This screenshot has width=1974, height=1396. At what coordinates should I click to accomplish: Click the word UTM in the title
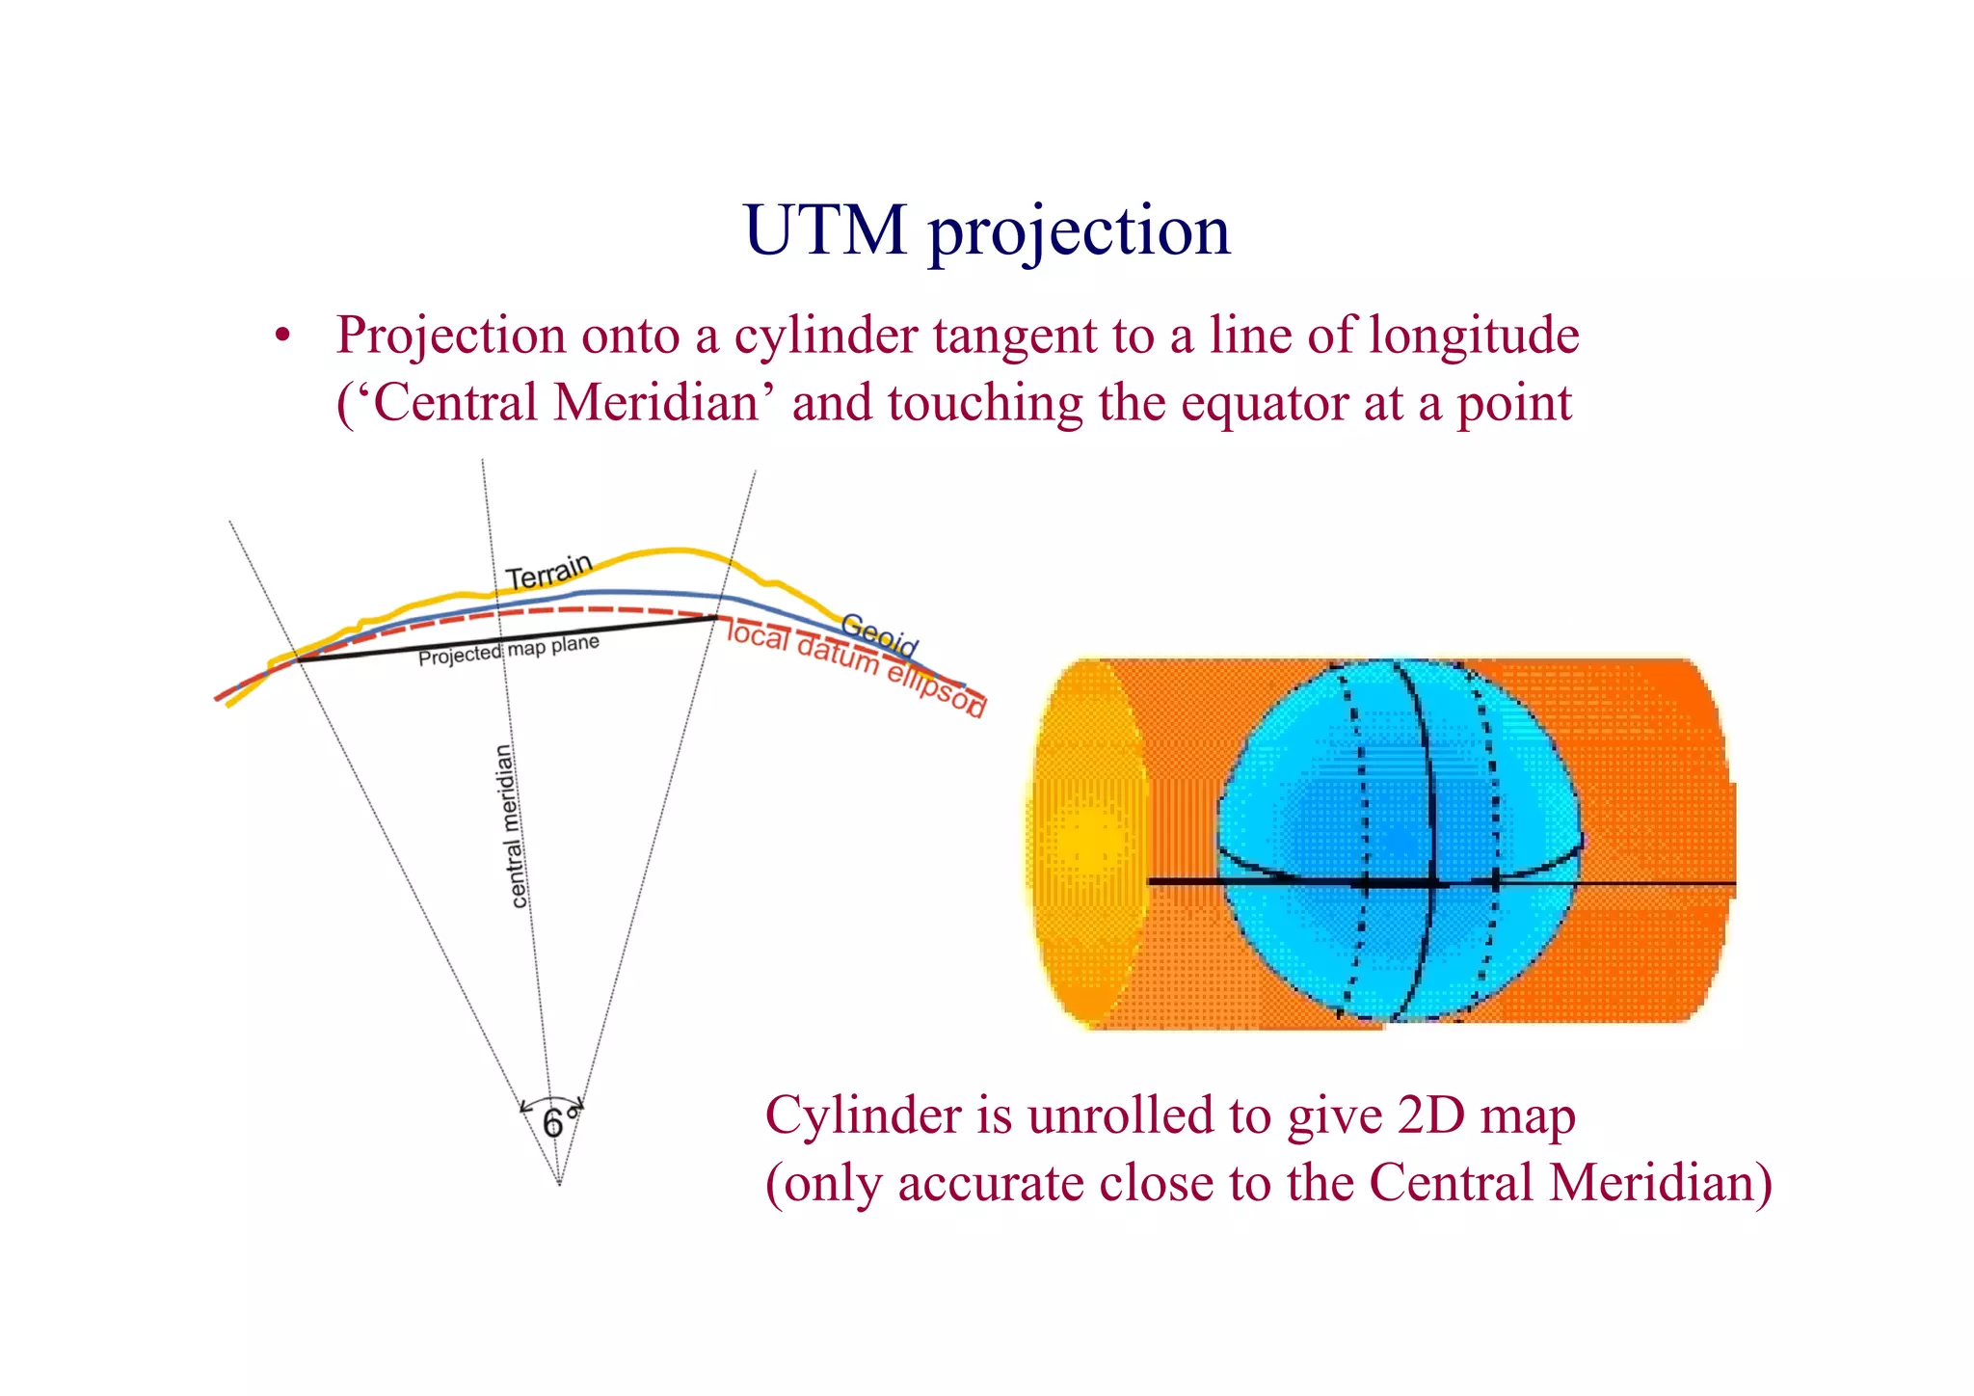pos(825,231)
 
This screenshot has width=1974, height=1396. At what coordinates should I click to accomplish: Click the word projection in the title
pos(1080,233)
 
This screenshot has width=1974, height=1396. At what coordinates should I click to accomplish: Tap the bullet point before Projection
pos(282,337)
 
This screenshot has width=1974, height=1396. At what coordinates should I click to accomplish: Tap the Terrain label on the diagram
pos(548,573)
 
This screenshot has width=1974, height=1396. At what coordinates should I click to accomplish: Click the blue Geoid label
pos(879,633)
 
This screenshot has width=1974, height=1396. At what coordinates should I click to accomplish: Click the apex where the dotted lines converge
pos(559,1184)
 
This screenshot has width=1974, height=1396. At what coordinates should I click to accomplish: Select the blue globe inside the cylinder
pos(1398,839)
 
